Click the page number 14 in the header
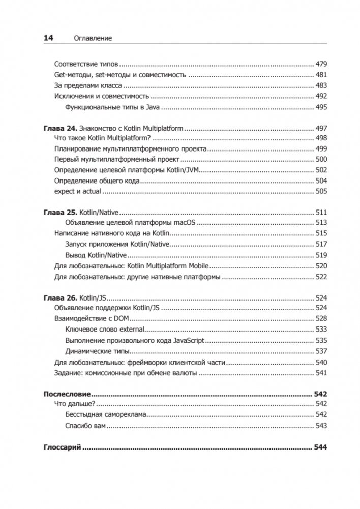[x=48, y=38]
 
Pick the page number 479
[x=321, y=64]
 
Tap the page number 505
[x=321, y=191]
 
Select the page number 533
[x=321, y=330]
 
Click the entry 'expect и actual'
[x=78, y=191]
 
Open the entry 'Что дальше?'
[x=75, y=404]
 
